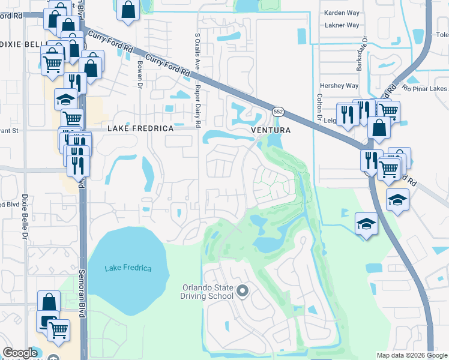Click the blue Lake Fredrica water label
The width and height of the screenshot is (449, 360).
click(128, 268)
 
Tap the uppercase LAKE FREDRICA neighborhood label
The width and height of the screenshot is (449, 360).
click(140, 129)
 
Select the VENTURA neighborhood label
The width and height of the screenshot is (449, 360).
click(270, 130)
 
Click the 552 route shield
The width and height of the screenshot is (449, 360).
click(278, 112)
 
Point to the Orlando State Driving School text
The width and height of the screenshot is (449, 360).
click(208, 291)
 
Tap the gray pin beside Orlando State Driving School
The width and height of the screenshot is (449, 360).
click(243, 292)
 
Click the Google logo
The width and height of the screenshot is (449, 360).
click(20, 353)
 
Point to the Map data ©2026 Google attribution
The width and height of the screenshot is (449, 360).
click(412, 355)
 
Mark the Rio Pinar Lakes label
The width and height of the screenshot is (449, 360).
click(426, 90)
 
